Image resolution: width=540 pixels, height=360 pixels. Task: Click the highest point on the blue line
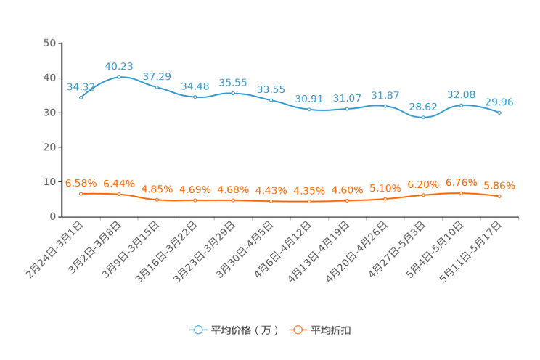pyautogui.click(x=119, y=76)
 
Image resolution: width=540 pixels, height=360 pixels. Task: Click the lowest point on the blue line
pyautogui.click(x=423, y=118)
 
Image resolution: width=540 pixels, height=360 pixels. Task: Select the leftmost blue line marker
pyautogui.click(x=81, y=97)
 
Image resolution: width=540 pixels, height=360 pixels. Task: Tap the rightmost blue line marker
pyautogui.click(x=499, y=112)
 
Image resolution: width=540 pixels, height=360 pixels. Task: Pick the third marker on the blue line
pyautogui.click(x=157, y=87)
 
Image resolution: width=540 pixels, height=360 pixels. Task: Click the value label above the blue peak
pyautogui.click(x=119, y=66)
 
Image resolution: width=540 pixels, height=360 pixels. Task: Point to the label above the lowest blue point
pyautogui.click(x=423, y=107)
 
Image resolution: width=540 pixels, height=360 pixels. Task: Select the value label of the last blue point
pyautogui.click(x=499, y=102)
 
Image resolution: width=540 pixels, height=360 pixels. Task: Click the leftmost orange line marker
pyautogui.click(x=81, y=194)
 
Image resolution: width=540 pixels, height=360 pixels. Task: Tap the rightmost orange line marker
pyautogui.click(x=499, y=196)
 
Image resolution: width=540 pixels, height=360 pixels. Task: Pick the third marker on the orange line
pyautogui.click(x=157, y=200)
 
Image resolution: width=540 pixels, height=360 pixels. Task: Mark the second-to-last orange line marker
pyautogui.click(x=461, y=193)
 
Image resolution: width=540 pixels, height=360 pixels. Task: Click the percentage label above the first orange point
pyautogui.click(x=81, y=184)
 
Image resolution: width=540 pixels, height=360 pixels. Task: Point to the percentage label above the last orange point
pyautogui.click(x=499, y=186)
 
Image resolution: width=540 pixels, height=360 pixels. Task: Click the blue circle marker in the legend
pyautogui.click(x=197, y=330)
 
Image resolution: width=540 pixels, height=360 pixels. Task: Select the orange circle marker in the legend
pyautogui.click(x=298, y=330)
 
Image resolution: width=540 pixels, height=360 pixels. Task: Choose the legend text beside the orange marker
pyautogui.click(x=332, y=330)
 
